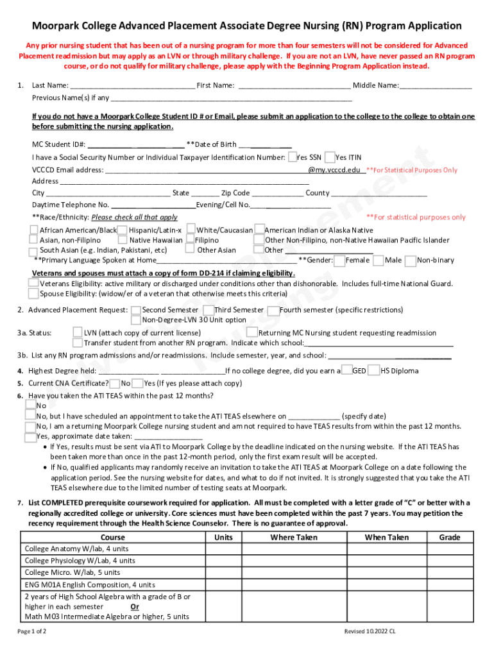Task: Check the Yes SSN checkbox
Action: click(x=293, y=157)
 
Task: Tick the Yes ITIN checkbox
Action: click(x=330, y=157)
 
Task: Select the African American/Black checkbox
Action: click(x=33, y=230)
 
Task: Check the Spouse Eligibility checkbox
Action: click(x=33, y=294)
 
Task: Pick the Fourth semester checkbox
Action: click(x=273, y=310)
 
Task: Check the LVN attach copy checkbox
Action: click(x=78, y=332)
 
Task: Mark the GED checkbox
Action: click(x=346, y=370)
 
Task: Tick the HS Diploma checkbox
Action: click(x=375, y=370)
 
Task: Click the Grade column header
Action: click(x=450, y=537)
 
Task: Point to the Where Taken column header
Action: click(x=294, y=537)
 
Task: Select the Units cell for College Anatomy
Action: click(x=223, y=549)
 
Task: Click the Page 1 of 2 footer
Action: click(x=32, y=631)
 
